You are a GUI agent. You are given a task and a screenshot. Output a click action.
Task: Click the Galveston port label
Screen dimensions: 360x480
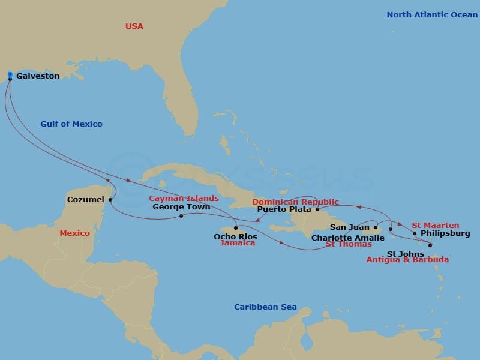37,76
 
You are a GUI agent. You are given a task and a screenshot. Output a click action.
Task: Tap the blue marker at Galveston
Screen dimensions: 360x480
10,75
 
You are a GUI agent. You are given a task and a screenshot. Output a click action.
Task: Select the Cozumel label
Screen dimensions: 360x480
85,199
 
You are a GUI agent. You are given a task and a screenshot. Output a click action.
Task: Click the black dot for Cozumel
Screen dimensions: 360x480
110,200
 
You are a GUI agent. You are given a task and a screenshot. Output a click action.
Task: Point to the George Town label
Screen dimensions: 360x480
181,207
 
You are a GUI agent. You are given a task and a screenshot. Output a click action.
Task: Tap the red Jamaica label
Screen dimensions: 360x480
238,243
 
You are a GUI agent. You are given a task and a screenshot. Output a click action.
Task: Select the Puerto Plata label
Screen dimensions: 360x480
284,209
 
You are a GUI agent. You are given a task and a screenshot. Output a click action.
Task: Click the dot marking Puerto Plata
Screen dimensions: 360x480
317,209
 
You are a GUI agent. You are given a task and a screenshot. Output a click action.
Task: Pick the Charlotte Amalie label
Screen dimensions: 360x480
348,238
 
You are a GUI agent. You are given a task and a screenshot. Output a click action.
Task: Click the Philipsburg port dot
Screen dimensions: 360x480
415,233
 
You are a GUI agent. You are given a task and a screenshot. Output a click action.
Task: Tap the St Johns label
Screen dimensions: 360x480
401,254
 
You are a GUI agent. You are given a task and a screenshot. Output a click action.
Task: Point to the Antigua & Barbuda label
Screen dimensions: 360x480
407,260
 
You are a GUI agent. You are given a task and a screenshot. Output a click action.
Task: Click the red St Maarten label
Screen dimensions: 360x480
435,226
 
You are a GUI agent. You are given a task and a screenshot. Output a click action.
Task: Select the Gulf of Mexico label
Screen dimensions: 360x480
71,124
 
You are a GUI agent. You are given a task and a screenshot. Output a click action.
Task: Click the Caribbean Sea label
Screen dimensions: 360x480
265,307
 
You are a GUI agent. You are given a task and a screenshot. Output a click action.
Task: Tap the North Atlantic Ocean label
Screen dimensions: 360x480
432,14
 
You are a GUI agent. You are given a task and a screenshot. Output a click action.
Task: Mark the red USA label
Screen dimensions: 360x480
134,26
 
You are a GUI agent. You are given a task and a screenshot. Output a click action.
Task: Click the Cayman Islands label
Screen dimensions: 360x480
184,199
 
